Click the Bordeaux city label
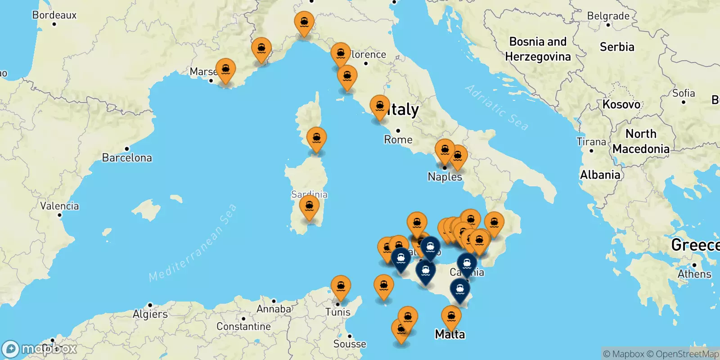54,15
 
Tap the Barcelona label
127,157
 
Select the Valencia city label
59,206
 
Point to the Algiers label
150,314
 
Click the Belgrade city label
608,16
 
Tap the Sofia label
684,93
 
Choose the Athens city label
694,274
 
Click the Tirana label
591,142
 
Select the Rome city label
398,139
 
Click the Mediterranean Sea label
193,243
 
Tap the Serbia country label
617,47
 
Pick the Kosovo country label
621,104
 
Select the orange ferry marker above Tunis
341,287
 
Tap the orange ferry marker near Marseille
225,70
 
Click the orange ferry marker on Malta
451,317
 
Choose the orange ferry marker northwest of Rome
380,107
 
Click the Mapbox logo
40,349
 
